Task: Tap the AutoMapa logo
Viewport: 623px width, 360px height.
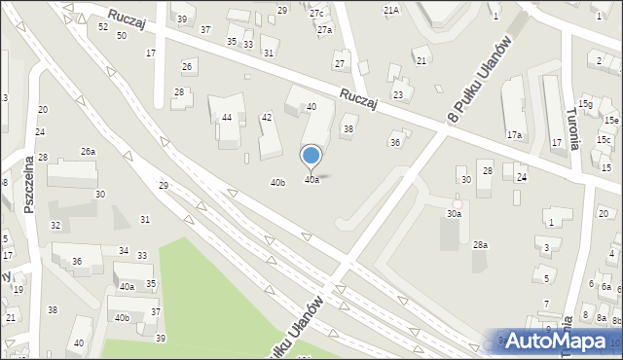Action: pyautogui.click(x=558, y=341)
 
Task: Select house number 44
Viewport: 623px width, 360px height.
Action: pyautogui.click(x=227, y=117)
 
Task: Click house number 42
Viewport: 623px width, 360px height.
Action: pyautogui.click(x=266, y=118)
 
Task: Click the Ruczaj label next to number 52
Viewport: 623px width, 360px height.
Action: pyautogui.click(x=127, y=19)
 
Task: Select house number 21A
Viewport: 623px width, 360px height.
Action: pyautogui.click(x=391, y=10)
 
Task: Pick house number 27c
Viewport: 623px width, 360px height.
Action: pyautogui.click(x=316, y=13)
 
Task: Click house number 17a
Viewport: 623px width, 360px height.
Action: pyautogui.click(x=513, y=134)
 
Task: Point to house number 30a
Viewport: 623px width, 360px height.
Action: pyautogui.click(x=454, y=213)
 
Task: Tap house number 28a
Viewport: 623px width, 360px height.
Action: pyautogui.click(x=480, y=245)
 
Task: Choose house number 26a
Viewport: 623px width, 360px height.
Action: pyautogui.click(x=88, y=151)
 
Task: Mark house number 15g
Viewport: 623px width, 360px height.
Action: pyautogui.click(x=585, y=103)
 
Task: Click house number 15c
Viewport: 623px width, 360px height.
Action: pyautogui.click(x=605, y=139)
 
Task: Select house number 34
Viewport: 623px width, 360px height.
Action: pyautogui.click(x=123, y=251)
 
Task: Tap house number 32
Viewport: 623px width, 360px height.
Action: pyautogui.click(x=55, y=226)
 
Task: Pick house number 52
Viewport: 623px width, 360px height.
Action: pyautogui.click(x=103, y=27)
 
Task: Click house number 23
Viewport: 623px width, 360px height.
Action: pyautogui.click(x=397, y=94)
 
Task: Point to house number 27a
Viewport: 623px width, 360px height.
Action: pyautogui.click(x=324, y=30)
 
